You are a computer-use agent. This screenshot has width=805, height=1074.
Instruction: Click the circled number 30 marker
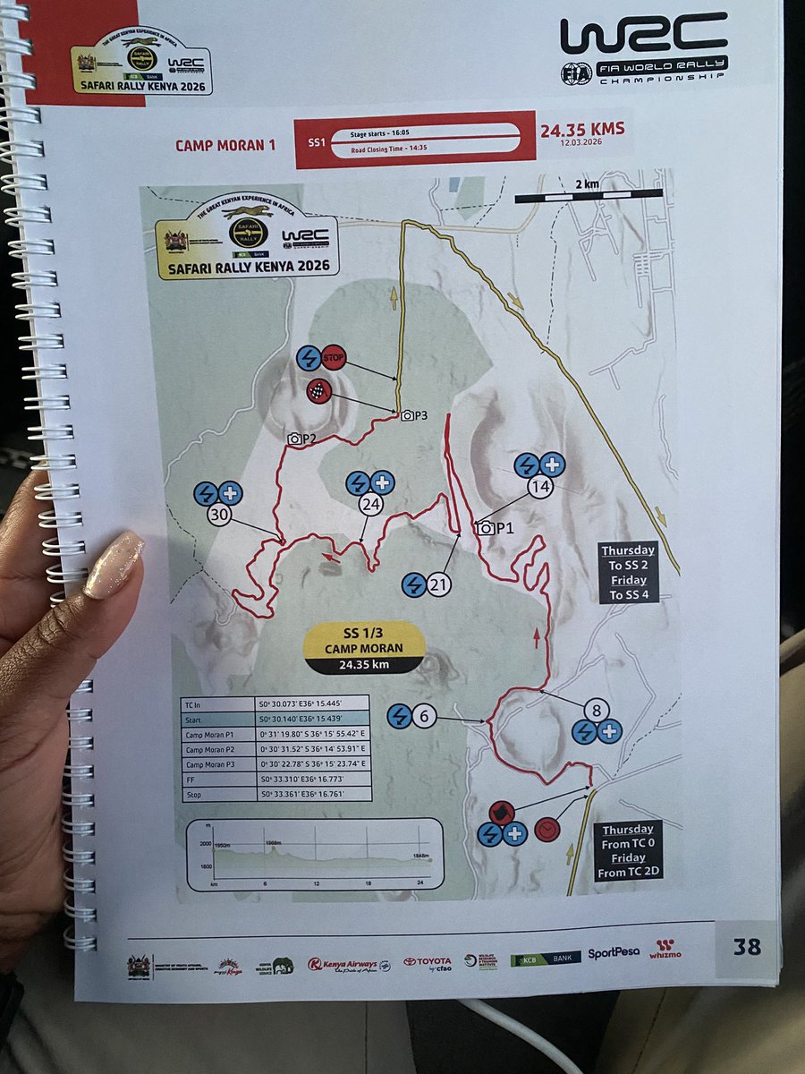pyautogui.click(x=220, y=516)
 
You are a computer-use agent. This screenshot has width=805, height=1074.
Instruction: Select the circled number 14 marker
pyautogui.click(x=539, y=488)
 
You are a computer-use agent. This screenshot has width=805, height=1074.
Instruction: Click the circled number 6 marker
pyautogui.click(x=425, y=716)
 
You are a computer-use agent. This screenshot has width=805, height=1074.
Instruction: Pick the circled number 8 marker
pyautogui.click(x=597, y=710)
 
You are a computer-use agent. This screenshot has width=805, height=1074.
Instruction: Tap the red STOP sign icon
pyautogui.click(x=334, y=358)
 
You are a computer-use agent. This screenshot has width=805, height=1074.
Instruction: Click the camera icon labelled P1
pyautogui.click(x=486, y=528)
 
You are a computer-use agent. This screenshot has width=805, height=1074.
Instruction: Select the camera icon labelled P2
pyautogui.click(x=293, y=439)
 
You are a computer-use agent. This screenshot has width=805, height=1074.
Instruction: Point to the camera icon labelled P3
pyautogui.click(x=407, y=415)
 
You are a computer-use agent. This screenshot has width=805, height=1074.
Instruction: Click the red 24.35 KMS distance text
pyautogui.click(x=581, y=129)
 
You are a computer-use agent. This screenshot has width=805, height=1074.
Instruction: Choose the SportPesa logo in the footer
pyautogui.click(x=614, y=952)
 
